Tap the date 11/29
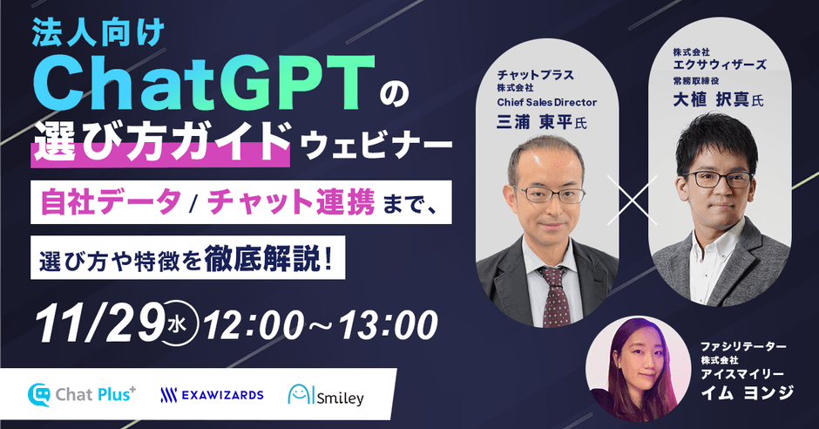click(x=96, y=324)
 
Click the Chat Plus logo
click(x=83, y=394)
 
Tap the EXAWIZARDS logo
click(x=212, y=395)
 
